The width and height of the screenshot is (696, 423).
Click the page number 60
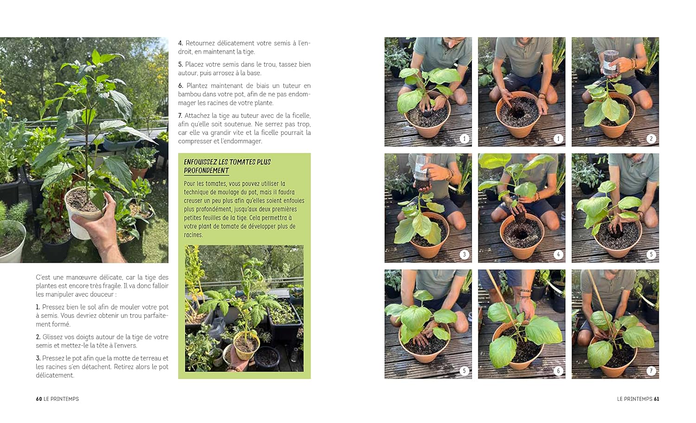tap(39, 399)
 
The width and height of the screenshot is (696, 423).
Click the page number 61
tap(656, 399)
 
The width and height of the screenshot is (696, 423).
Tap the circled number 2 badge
tap(651, 139)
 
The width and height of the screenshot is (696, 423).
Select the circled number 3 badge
tap(464, 255)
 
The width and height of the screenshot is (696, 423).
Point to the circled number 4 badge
tap(558, 255)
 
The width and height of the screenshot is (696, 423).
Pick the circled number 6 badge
tap(558, 371)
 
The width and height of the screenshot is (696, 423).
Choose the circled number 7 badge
tap(651, 371)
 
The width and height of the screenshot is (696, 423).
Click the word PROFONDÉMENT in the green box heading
tap(206, 170)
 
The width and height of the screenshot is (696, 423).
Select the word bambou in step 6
tap(189, 94)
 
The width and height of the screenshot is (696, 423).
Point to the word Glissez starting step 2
tap(52, 337)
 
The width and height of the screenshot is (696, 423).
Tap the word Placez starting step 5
tap(194, 64)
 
